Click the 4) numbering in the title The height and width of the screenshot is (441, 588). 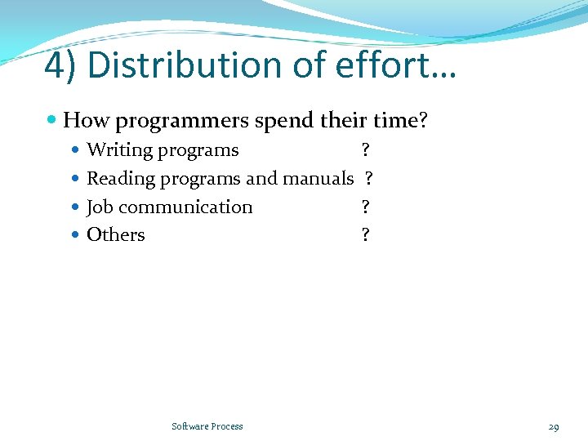click(61, 66)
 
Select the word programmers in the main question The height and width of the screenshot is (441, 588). click(182, 122)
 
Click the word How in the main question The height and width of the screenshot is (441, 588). click(86, 122)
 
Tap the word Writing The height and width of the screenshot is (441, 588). click(119, 150)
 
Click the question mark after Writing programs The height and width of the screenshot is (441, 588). click(365, 150)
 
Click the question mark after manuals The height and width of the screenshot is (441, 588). click(369, 178)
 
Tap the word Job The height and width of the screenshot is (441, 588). click(100, 207)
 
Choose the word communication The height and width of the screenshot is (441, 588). click(185, 207)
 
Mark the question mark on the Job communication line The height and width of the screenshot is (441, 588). click(365, 207)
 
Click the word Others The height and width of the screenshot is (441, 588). click(115, 235)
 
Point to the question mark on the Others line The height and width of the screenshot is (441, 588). click(365, 235)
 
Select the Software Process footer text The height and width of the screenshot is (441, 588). click(207, 426)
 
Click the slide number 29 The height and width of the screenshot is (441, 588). click(554, 427)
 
